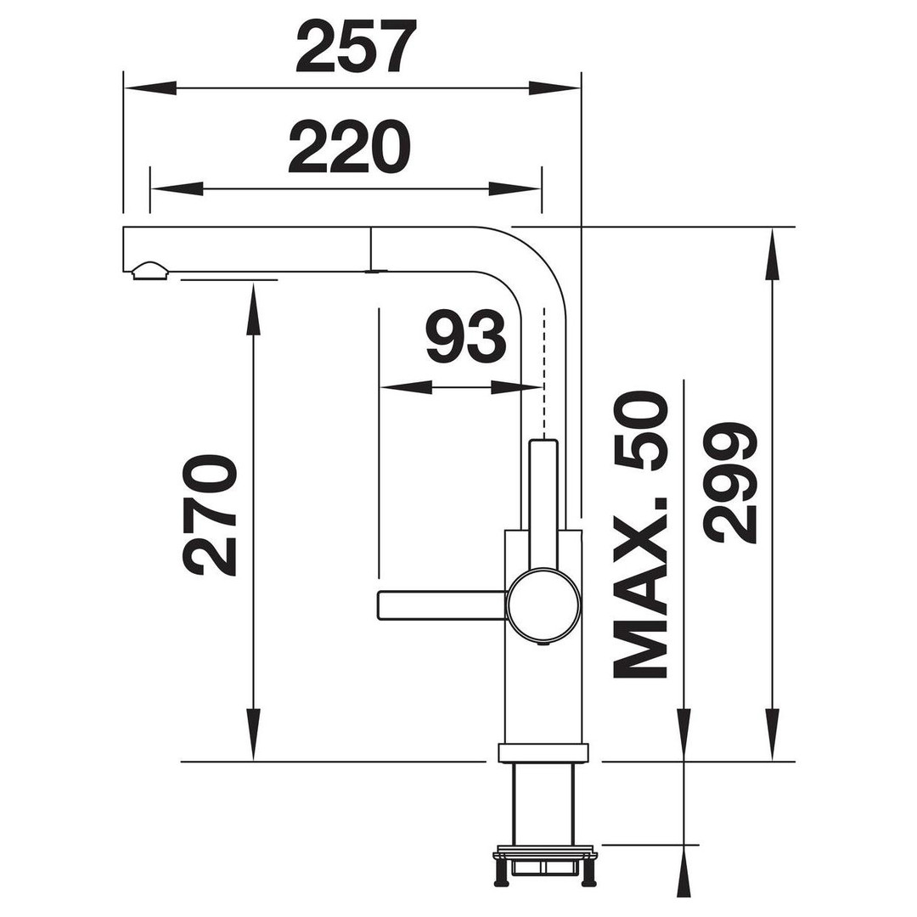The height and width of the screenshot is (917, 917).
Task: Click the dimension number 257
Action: (x=356, y=46)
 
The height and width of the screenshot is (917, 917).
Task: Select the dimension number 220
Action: (x=350, y=147)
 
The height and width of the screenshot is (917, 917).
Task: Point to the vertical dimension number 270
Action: (x=210, y=515)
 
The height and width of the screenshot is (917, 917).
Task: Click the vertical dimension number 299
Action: (x=730, y=482)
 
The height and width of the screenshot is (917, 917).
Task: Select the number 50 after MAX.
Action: (x=640, y=431)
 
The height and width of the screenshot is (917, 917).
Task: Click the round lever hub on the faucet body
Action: (x=544, y=605)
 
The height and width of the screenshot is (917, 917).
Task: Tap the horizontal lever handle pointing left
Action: (x=442, y=605)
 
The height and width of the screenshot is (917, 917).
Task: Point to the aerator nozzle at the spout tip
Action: (x=151, y=270)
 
